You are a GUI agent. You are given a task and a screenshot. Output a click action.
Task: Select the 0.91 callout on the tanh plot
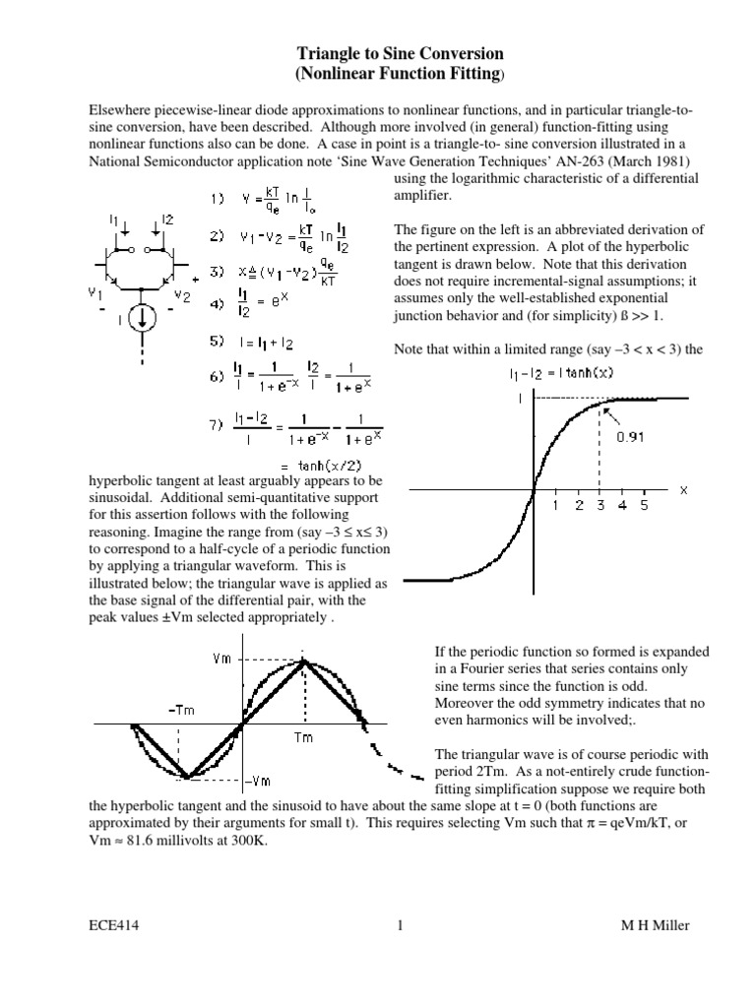point(631,439)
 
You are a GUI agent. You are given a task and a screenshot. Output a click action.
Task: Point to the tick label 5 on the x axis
point(644,505)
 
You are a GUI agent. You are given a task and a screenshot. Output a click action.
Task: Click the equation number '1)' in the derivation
point(217,198)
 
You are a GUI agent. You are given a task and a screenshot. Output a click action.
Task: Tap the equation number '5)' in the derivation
point(217,343)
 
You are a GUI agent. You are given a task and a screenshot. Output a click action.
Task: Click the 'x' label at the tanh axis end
point(683,488)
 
